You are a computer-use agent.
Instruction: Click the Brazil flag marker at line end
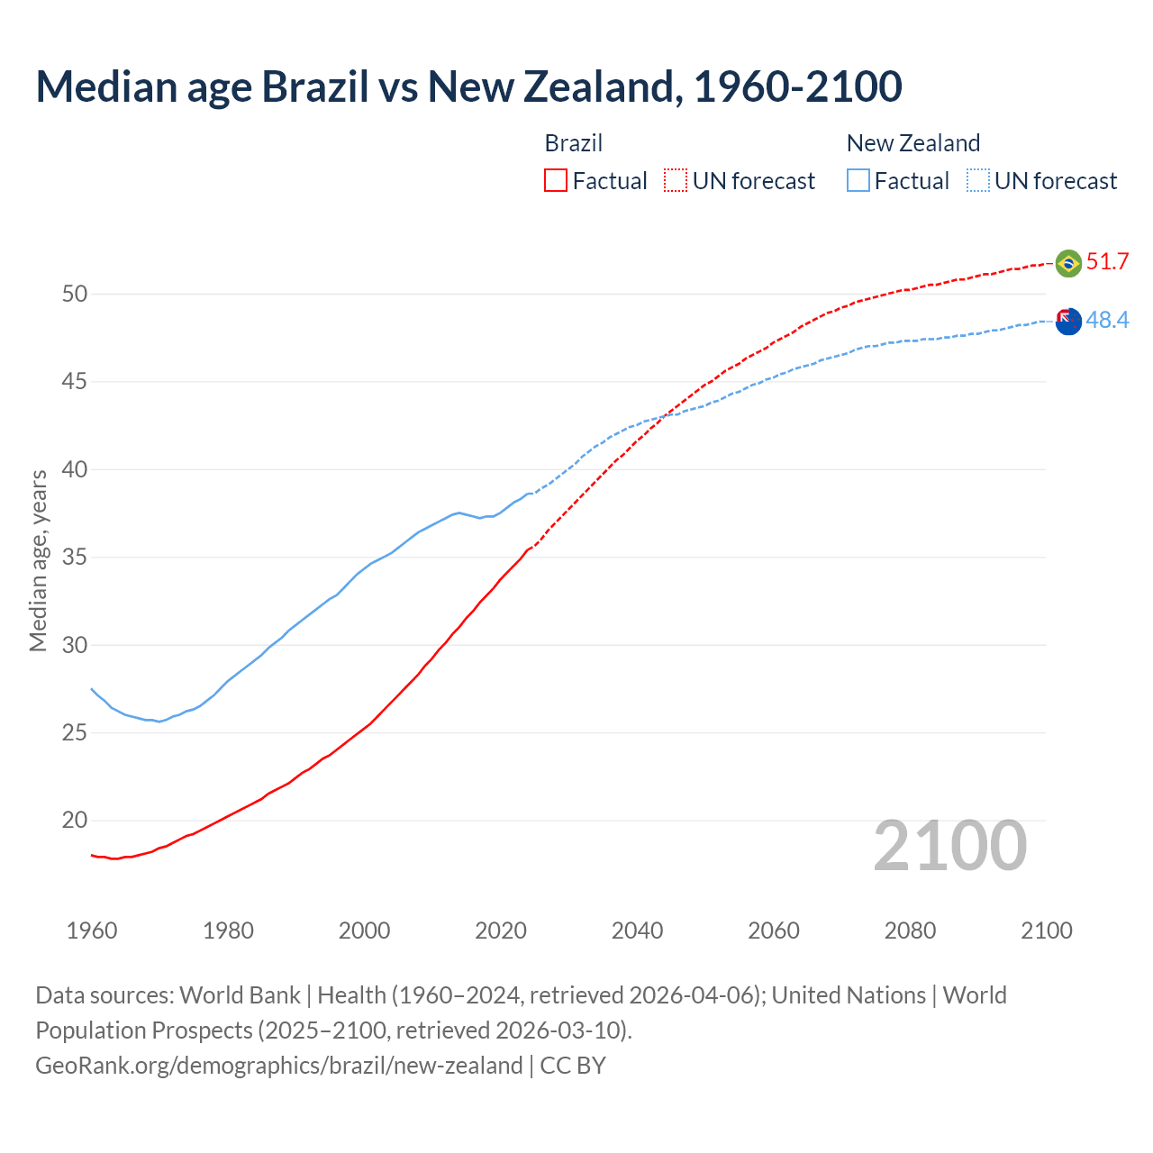(x=1068, y=263)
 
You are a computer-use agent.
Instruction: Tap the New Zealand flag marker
(x=1068, y=321)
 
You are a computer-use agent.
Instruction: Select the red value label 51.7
(x=1107, y=262)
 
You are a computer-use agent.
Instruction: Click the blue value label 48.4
(x=1107, y=321)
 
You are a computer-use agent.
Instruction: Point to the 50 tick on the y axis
(x=75, y=294)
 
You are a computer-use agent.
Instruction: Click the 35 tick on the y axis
(x=75, y=558)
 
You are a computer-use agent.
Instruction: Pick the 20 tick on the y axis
(x=75, y=821)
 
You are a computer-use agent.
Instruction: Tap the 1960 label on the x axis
(x=92, y=931)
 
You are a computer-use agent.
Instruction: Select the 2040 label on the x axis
(x=637, y=931)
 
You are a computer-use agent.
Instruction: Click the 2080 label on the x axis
(x=910, y=931)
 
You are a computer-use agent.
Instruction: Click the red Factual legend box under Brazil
(x=556, y=181)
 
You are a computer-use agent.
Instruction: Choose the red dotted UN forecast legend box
(x=676, y=181)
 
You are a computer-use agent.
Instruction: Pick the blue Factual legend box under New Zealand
(x=858, y=181)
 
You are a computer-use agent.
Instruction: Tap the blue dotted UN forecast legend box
(x=977, y=181)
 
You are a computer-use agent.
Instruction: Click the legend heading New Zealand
(x=912, y=143)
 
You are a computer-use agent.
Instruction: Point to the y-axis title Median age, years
(x=38, y=560)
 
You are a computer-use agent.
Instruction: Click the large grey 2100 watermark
(x=949, y=846)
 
